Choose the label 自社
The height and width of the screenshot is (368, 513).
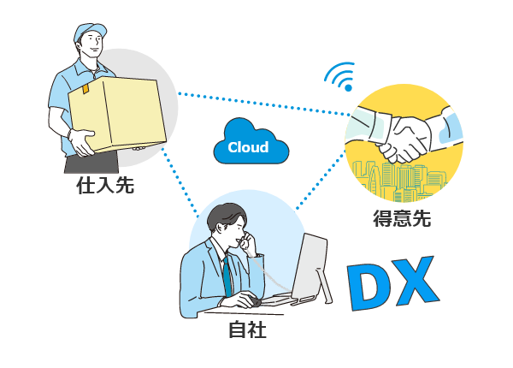[247, 329]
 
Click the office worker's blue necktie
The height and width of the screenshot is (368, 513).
[227, 274]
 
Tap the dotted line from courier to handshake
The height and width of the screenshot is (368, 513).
[265, 104]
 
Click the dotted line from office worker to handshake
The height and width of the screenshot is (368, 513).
[321, 184]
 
